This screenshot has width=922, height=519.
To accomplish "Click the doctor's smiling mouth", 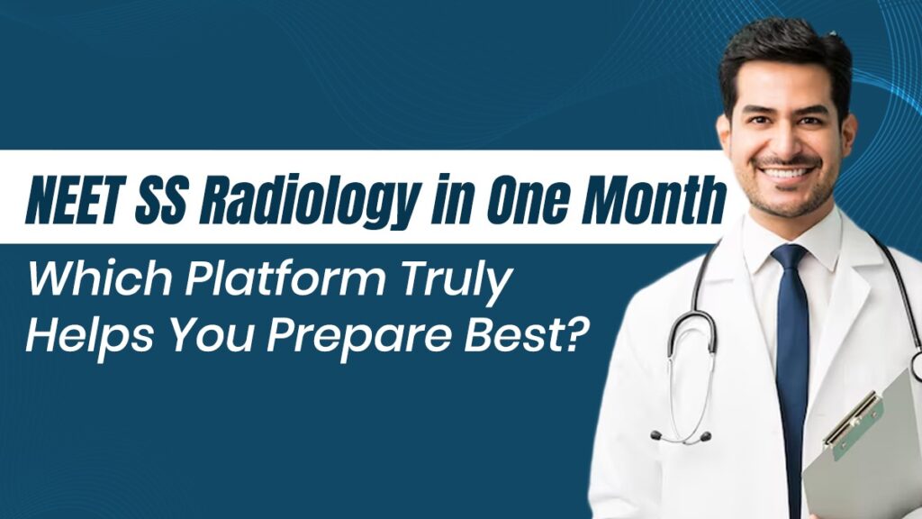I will click(x=785, y=170).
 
